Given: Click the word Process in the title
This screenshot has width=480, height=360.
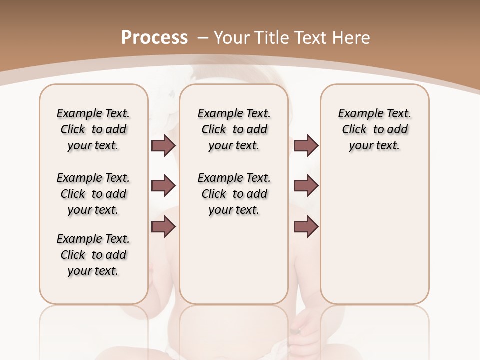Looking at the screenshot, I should click(154, 38).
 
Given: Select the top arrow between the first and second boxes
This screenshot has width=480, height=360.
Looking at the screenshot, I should click(163, 145).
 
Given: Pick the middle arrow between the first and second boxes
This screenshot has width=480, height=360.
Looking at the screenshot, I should click(163, 186).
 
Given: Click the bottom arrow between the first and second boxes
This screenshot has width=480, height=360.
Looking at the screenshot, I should click(163, 227).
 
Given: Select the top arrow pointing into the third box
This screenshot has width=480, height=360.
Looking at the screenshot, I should click(306, 145).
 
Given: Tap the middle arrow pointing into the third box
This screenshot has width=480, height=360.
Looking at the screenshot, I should click(306, 186).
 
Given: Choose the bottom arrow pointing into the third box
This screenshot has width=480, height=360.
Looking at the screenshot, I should click(306, 227).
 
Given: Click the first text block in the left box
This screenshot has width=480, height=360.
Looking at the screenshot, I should click(93, 129).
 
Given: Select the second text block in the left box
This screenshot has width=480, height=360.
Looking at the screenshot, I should click(93, 194).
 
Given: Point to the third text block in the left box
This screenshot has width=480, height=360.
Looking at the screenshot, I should click(93, 255).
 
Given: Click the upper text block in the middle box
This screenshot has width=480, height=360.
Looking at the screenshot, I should click(234, 129).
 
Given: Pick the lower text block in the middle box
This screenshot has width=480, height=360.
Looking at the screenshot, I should click(234, 194).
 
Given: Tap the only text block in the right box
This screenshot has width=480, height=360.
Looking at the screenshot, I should click(375, 129).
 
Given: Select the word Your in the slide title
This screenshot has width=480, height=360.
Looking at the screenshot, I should click(230, 38).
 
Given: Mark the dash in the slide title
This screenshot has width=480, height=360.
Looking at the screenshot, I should click(203, 38).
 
